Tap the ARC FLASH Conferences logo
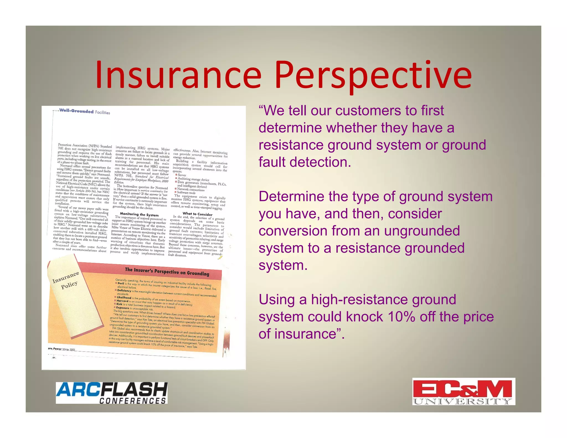(x=112, y=393)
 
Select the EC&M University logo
(x=463, y=391)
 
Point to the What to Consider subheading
(x=197, y=214)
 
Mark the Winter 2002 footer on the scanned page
(x=68, y=349)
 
